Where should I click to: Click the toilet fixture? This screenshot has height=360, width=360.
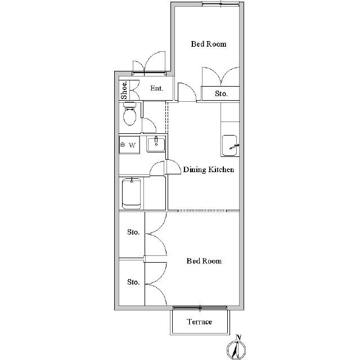[130, 114]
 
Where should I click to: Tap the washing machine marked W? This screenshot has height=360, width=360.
[129, 145]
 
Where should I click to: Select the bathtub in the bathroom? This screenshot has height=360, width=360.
[131, 193]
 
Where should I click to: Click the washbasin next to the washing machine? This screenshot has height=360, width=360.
[156, 145]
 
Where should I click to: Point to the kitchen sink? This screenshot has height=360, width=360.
[229, 146]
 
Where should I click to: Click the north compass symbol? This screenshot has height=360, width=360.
[236, 350]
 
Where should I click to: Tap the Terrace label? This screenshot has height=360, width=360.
[199, 322]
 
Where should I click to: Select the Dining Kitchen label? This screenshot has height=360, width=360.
[209, 169]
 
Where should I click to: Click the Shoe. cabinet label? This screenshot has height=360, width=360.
[124, 90]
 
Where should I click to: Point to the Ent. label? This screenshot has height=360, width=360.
[157, 88]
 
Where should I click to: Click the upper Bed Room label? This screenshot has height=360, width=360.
[209, 44]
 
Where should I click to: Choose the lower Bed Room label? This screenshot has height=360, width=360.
[204, 261]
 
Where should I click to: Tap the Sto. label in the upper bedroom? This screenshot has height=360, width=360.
[221, 93]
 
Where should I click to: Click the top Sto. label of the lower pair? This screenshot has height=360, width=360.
[133, 232]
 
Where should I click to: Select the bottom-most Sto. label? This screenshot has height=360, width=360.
[133, 282]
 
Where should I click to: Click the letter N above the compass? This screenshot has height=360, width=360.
[238, 337]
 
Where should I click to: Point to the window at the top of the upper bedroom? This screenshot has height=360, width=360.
[220, 3]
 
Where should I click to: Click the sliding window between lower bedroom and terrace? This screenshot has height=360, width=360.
[200, 308]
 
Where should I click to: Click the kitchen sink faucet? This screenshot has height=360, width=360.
[234, 146]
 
